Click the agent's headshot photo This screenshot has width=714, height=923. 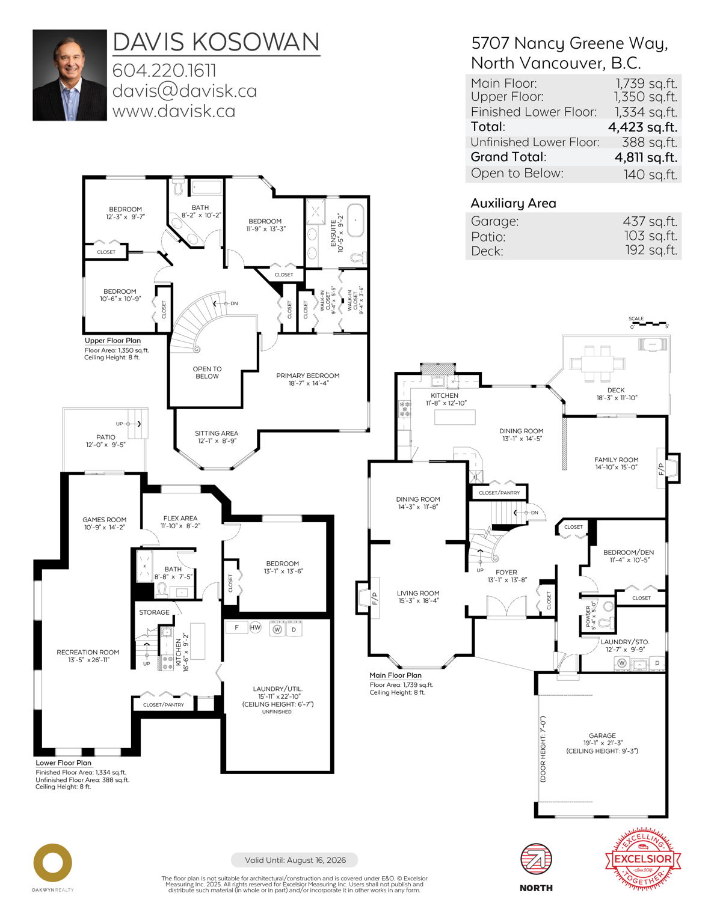(x=69, y=75)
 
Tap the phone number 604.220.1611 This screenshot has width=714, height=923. (x=164, y=70)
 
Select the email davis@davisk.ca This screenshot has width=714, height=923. (x=184, y=91)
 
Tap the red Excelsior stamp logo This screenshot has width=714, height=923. (x=642, y=859)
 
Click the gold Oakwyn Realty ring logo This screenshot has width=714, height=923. (x=52, y=863)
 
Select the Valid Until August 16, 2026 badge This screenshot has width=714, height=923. (x=295, y=860)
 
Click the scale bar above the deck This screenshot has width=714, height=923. (x=649, y=323)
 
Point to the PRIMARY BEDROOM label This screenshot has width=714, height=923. (x=307, y=376)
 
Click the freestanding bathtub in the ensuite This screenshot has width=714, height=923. (x=355, y=222)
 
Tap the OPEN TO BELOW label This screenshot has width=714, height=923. (x=207, y=373)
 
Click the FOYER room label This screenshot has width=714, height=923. (x=506, y=573)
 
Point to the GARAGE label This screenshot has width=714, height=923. (x=602, y=736)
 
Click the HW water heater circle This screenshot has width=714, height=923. (x=255, y=627)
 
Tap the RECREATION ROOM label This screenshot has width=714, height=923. (x=88, y=652)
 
